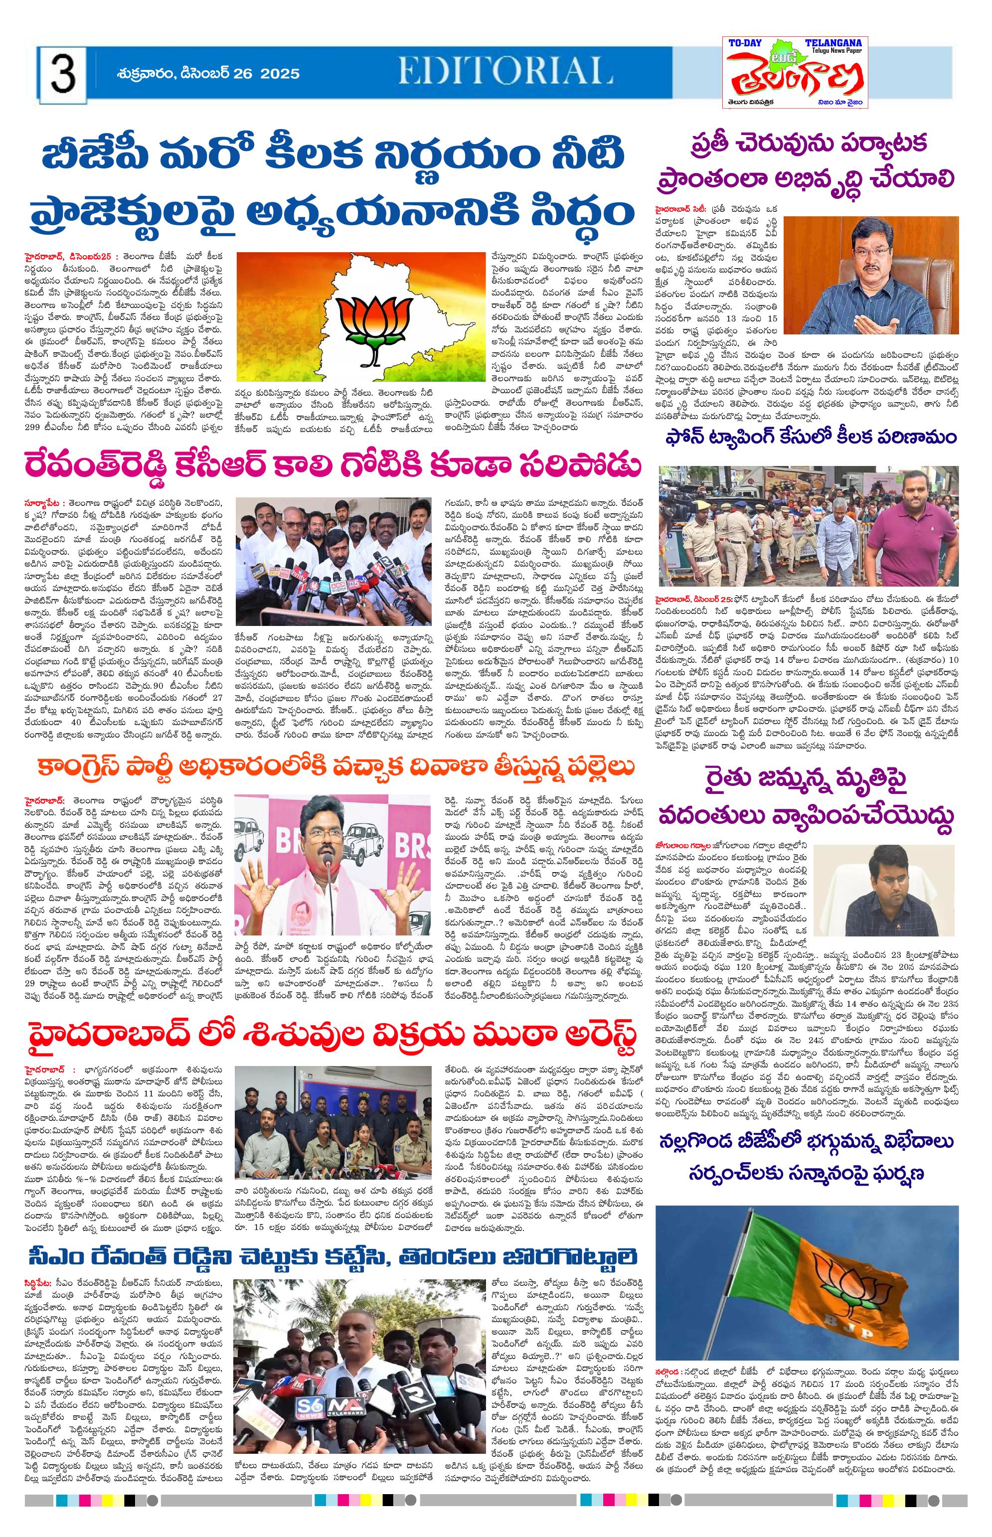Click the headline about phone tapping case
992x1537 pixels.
pyautogui.click(x=811, y=438)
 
